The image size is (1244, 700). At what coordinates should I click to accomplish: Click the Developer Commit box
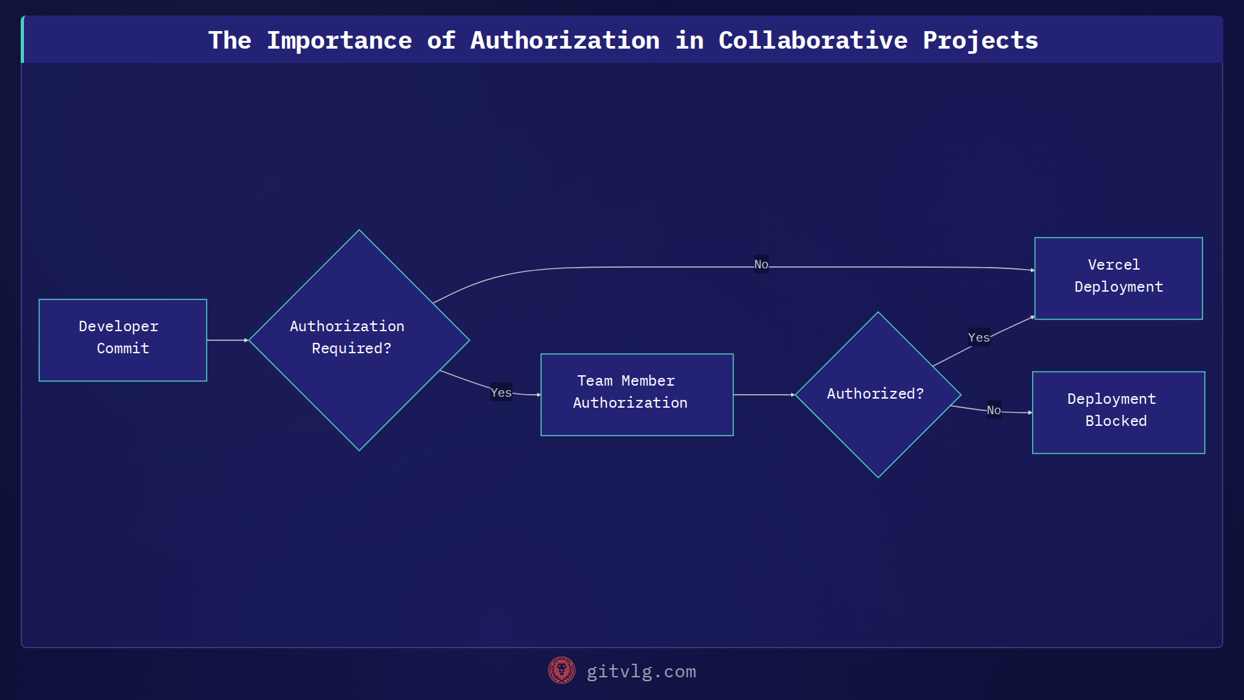(122, 340)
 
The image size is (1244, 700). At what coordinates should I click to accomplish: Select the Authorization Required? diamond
(359, 340)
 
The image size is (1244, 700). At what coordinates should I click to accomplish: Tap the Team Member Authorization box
(637, 394)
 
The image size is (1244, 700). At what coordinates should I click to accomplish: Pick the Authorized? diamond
(878, 394)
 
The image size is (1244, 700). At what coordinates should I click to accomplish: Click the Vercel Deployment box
(1118, 278)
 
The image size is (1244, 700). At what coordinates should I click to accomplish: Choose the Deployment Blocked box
(1118, 412)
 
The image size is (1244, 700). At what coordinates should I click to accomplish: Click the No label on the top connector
(761, 264)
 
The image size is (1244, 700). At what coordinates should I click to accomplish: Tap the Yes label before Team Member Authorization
(501, 392)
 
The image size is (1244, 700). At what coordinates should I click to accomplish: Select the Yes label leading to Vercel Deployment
(978, 338)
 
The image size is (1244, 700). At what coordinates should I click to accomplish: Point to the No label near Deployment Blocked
(993, 410)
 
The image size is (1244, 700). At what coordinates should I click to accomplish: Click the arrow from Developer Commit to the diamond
(227, 340)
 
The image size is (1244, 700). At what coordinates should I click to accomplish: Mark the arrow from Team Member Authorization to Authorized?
(764, 394)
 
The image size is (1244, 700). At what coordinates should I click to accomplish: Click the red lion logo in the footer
(562, 670)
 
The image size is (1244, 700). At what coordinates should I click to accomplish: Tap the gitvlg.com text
(641, 671)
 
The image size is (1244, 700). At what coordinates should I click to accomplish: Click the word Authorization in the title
(565, 40)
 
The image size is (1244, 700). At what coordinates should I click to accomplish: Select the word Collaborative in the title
(813, 40)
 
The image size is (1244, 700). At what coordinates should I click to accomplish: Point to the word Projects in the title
(980, 40)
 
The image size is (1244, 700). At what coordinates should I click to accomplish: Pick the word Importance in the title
(340, 40)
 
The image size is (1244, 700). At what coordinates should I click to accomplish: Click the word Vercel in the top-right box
(1114, 264)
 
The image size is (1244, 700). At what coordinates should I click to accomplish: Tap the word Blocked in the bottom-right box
(1116, 421)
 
